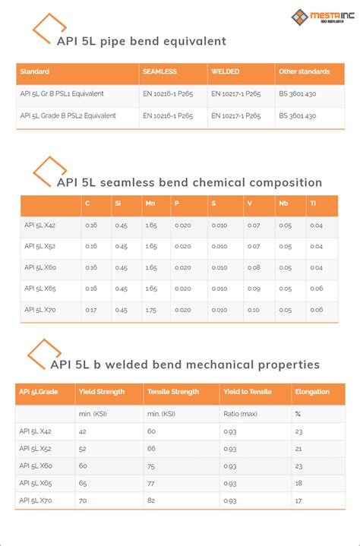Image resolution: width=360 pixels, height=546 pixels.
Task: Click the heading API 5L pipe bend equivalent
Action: tap(141, 41)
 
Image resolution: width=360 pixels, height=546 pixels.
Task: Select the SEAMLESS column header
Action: tap(159, 71)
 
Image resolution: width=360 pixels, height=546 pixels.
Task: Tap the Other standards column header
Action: tap(304, 71)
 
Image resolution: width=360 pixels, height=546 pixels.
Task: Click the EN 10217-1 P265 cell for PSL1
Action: tap(235, 93)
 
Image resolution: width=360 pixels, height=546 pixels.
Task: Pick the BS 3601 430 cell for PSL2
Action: tap(297, 115)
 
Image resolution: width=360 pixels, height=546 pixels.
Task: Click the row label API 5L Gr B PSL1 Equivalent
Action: tap(62, 93)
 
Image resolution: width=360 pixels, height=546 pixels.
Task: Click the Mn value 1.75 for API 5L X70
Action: tap(151, 309)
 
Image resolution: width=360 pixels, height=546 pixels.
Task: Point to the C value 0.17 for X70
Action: tap(91, 309)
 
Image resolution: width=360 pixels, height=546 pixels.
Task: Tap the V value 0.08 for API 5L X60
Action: tap(254, 267)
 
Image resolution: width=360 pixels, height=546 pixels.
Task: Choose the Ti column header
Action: tap(313, 204)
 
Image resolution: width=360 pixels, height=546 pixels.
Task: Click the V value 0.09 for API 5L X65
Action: tap(254, 289)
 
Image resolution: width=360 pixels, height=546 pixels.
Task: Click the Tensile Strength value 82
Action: tap(152, 501)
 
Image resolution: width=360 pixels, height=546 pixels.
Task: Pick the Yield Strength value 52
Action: tap(83, 449)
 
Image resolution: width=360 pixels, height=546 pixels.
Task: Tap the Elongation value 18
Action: tap(298, 482)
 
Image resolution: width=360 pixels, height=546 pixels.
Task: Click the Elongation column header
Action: tap(312, 392)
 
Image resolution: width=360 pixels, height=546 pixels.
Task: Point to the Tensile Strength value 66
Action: tap(152, 449)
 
